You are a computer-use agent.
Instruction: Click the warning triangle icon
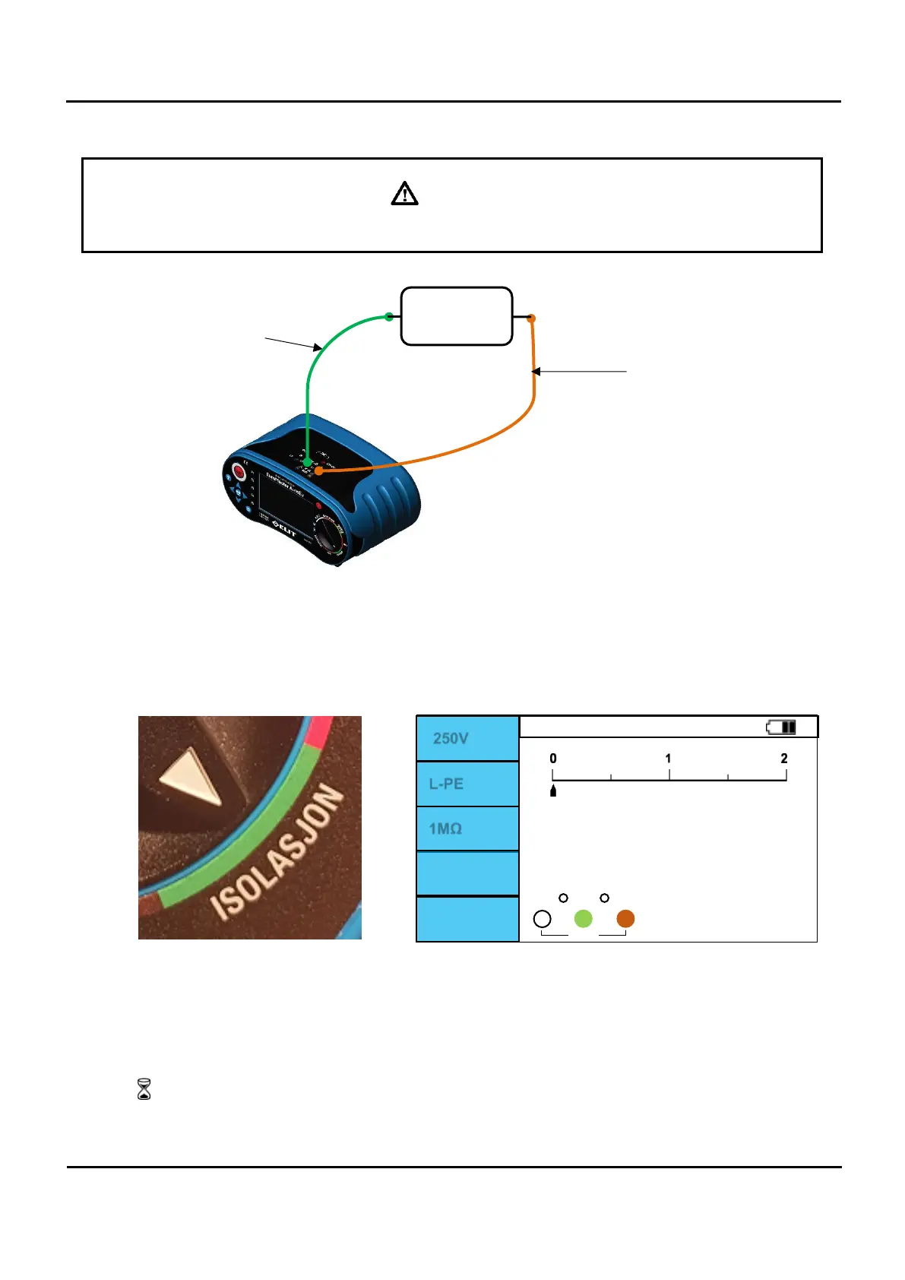[x=404, y=194]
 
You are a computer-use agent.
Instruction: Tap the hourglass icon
[x=144, y=1089]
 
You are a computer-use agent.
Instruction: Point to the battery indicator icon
[x=781, y=727]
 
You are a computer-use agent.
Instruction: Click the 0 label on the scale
[x=553, y=759]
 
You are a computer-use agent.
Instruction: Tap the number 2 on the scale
[x=784, y=759]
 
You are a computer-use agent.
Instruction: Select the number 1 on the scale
[x=669, y=759]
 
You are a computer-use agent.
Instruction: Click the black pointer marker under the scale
[x=553, y=791]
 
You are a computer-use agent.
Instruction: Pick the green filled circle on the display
[x=583, y=918]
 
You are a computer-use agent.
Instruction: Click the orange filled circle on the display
[x=625, y=918]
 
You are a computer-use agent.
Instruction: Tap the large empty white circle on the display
[x=542, y=918]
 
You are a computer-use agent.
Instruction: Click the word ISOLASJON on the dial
[x=277, y=852]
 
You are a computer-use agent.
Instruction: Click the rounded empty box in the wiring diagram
[x=456, y=316]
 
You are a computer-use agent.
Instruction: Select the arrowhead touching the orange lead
[x=536, y=372]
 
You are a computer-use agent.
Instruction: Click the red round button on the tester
[x=239, y=472]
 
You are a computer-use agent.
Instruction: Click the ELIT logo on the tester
[x=284, y=529]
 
